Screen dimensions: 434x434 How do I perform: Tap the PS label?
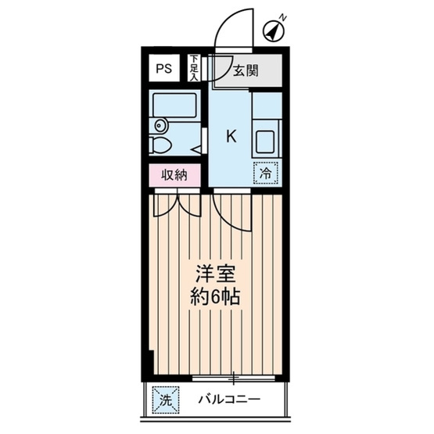(163, 68)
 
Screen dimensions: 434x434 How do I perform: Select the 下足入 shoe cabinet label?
(193, 68)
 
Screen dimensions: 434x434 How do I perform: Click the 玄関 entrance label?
(246, 71)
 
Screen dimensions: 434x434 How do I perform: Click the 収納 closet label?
(174, 175)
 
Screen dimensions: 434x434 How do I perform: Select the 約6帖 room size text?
(214, 298)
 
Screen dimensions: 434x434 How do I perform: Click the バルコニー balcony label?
(227, 400)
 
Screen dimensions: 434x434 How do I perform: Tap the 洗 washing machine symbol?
(164, 400)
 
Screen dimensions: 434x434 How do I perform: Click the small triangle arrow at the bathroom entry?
(199, 146)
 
